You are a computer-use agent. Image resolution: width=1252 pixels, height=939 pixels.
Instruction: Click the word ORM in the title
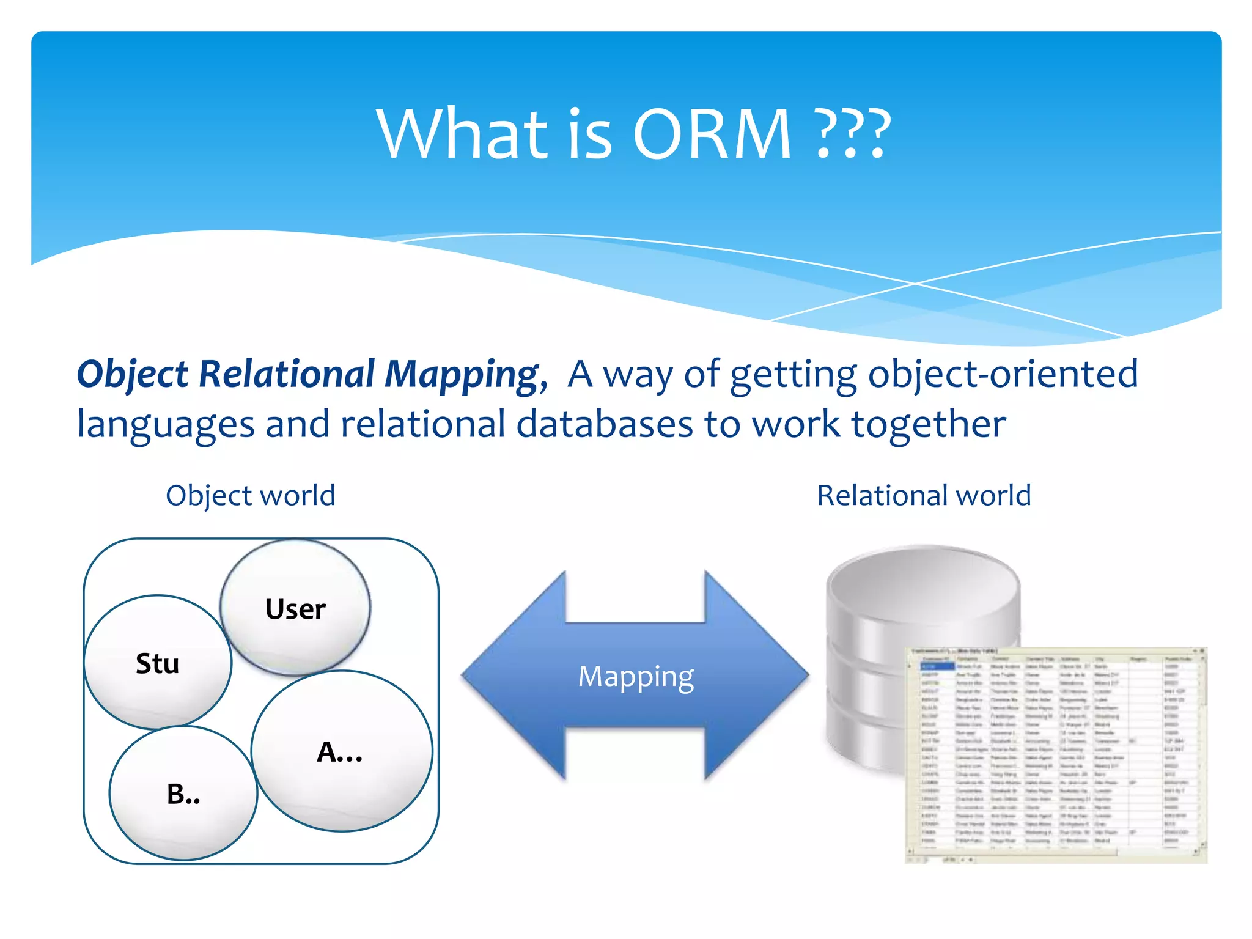[x=712, y=134]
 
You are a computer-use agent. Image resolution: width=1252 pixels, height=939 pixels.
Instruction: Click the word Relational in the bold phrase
[x=286, y=374]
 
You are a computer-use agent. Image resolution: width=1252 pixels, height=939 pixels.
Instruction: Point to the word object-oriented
[x=1003, y=374]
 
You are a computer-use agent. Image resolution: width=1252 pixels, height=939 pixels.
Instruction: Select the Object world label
[x=251, y=495]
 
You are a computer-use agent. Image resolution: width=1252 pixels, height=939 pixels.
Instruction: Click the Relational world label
[x=924, y=495]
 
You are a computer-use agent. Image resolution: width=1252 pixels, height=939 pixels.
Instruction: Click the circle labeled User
[x=295, y=608]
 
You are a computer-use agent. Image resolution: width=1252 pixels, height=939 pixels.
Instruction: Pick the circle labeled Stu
[x=158, y=663]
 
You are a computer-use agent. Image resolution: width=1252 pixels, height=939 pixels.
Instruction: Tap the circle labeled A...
[x=341, y=752]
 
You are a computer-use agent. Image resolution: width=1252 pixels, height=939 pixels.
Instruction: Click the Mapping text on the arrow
[x=636, y=676]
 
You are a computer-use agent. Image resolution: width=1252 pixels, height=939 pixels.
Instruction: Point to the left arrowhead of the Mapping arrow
[x=501, y=676]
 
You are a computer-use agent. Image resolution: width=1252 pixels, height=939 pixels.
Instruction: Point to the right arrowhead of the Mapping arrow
[x=770, y=676]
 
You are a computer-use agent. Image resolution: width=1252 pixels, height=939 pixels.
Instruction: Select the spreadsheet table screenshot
[x=1056, y=755]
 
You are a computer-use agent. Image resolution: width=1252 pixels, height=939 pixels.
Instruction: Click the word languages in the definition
[x=165, y=425]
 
